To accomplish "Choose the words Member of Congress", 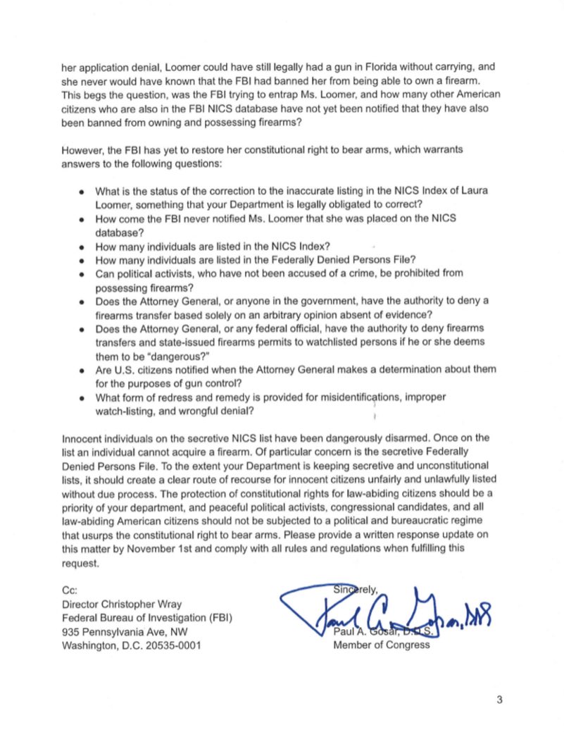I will [381, 645].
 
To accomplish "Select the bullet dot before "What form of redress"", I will [82, 397].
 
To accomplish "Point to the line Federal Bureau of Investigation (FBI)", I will [147, 618].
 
